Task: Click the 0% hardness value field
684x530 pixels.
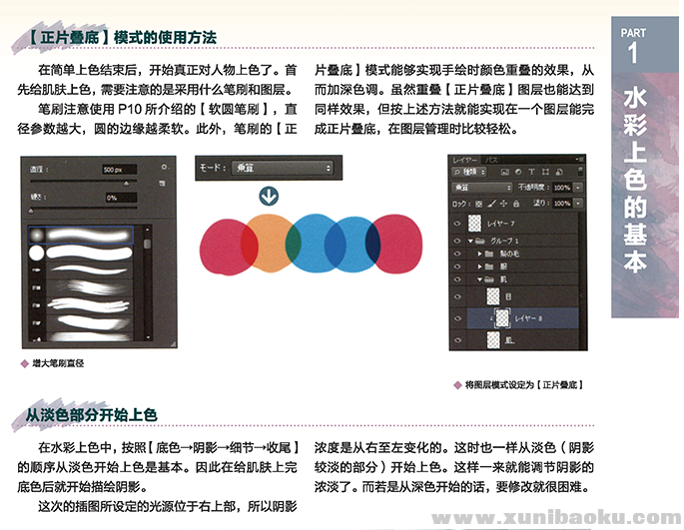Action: [119, 198]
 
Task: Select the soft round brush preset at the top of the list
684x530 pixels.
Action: [81, 234]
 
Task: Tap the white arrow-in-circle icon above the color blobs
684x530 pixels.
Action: [268, 194]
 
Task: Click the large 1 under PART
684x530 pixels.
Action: [633, 55]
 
